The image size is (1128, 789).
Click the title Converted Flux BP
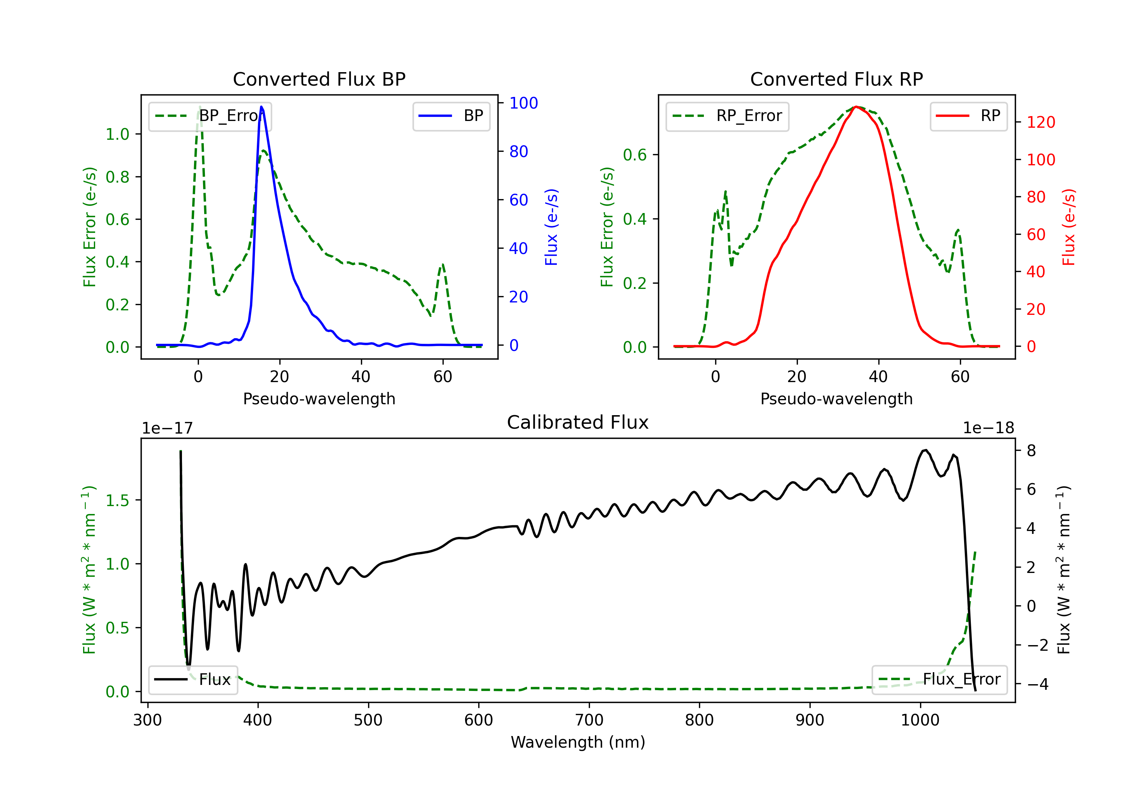point(319,79)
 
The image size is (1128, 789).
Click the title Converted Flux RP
point(837,79)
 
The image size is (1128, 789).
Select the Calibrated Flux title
point(578,422)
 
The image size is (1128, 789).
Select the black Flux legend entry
point(193,680)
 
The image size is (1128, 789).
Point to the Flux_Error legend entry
point(939,680)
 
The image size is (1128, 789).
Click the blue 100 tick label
point(524,103)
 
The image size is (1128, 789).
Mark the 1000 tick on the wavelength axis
point(920,720)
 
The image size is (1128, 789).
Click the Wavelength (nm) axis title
point(578,742)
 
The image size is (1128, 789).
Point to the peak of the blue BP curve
point(261,107)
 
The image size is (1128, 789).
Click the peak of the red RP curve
point(856,107)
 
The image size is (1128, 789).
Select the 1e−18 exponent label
point(989,428)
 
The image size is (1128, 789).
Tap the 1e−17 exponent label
point(167,428)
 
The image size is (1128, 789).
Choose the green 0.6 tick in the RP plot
point(635,155)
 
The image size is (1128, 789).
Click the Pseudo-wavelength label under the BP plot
point(319,399)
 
